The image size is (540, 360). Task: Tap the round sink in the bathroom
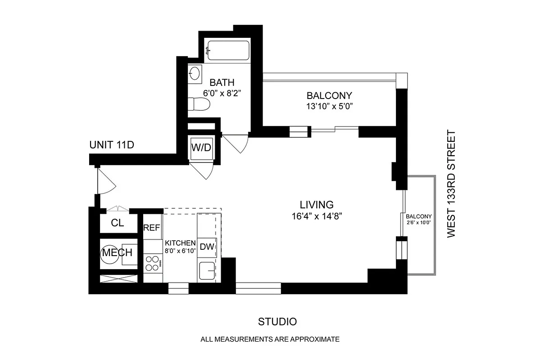(195, 73)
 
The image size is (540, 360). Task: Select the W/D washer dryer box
(200, 148)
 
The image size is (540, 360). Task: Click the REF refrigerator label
(152, 228)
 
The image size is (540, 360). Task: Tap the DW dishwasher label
(207, 247)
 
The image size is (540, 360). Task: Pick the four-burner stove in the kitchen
(153, 263)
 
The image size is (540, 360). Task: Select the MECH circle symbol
(110, 252)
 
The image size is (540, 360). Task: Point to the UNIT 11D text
(112, 145)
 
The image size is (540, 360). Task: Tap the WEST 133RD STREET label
(452, 184)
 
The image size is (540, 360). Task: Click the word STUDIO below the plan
(277, 322)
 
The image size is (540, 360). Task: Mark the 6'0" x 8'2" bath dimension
(222, 94)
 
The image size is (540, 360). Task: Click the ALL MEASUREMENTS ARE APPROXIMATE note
(270, 339)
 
